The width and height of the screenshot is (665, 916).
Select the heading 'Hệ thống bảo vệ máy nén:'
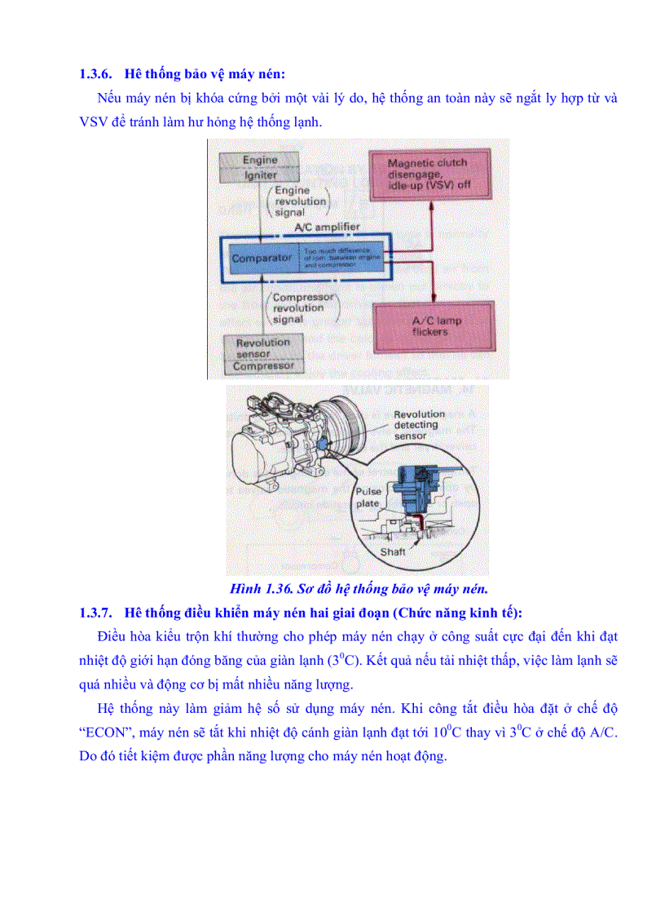(x=205, y=74)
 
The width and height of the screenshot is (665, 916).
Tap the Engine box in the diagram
(x=260, y=161)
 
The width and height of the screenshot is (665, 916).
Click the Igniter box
(x=260, y=175)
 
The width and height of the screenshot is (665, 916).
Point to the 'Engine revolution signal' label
(x=300, y=201)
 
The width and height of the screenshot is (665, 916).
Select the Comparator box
(x=261, y=258)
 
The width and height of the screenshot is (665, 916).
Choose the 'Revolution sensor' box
(x=262, y=348)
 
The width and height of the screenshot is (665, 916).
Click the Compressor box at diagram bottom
(x=262, y=367)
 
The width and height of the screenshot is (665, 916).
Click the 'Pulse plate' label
(x=367, y=498)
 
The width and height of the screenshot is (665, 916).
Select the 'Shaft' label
(x=393, y=552)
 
